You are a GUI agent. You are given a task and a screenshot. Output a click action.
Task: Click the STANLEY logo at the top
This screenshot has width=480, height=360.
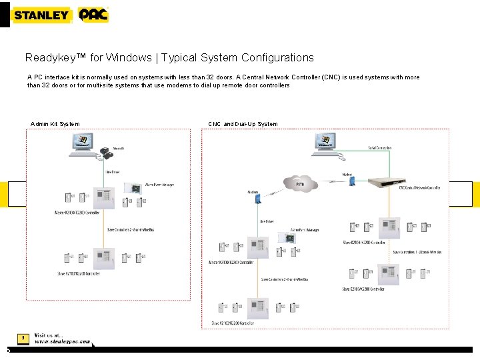(x=41, y=15)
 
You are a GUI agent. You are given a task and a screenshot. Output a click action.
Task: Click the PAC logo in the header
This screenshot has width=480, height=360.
(x=93, y=15)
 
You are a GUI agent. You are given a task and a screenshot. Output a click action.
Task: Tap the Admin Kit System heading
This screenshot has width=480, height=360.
(x=55, y=124)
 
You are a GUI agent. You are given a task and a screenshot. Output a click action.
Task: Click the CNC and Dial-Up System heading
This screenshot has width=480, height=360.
(x=243, y=124)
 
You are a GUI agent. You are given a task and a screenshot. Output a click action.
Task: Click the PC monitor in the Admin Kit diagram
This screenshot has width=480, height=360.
(x=83, y=143)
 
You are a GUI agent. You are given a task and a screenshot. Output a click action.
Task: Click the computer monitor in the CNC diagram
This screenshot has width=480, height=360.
(x=326, y=141)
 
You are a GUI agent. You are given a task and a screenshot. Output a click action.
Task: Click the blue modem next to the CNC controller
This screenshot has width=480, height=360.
(x=352, y=181)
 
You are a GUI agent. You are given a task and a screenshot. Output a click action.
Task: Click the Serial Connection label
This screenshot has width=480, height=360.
(x=379, y=148)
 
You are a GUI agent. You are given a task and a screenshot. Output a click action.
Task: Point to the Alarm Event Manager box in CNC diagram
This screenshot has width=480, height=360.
(x=291, y=237)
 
